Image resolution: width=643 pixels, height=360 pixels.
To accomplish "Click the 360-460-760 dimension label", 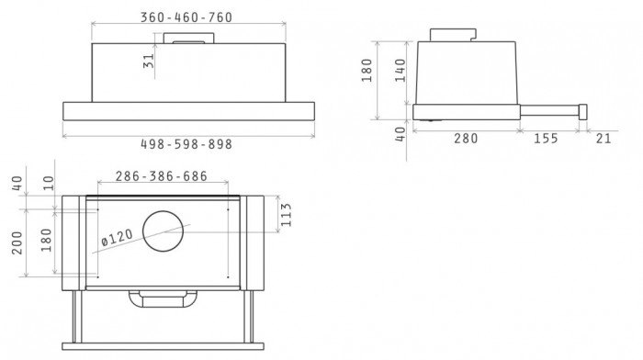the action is (186, 17).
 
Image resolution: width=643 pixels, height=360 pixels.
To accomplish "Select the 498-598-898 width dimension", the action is (186, 144).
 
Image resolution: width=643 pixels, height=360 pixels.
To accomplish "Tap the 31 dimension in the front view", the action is (149, 62).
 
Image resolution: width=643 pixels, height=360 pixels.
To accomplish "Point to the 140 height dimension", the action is (400, 70).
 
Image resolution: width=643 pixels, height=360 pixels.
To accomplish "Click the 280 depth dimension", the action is (466, 139).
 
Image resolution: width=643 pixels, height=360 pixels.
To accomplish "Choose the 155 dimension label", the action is (546, 139).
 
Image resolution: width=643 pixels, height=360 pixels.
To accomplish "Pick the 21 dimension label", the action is (604, 139).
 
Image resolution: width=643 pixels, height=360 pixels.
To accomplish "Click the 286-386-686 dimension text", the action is (161, 176).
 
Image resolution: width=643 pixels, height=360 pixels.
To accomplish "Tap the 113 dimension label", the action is (286, 215).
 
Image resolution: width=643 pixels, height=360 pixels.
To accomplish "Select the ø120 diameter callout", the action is (117, 238).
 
